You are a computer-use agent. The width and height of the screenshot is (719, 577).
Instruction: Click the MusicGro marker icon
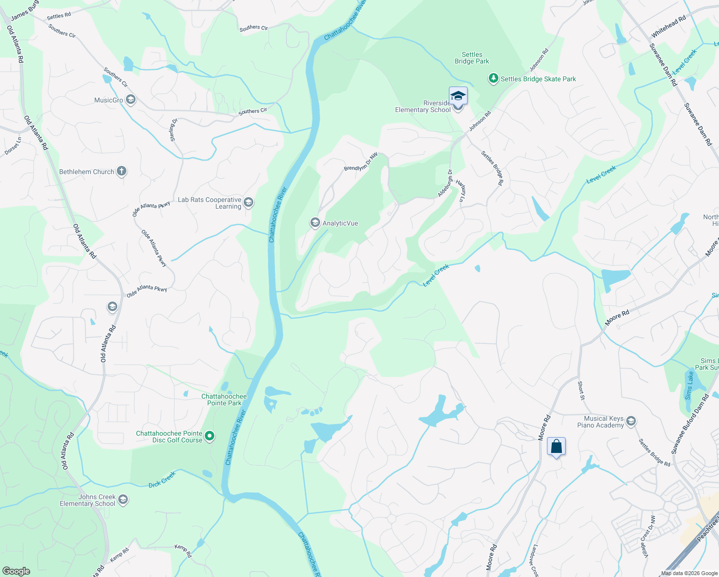pos(131,100)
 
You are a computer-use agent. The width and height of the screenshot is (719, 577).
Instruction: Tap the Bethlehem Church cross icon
pos(122,171)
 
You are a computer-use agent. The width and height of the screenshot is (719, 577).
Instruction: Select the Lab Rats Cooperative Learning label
pos(210,203)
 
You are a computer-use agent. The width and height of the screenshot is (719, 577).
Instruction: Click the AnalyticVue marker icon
pos(315,223)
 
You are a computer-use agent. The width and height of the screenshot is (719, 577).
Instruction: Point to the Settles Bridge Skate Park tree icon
pos(493,78)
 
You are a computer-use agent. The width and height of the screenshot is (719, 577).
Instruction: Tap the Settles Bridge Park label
pos(472,58)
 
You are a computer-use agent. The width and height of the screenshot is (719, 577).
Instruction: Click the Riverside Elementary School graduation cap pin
pos(458,96)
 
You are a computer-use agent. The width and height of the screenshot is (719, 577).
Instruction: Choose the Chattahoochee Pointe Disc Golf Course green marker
pos(210,436)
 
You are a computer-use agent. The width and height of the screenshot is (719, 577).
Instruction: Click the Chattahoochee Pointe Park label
pos(224,400)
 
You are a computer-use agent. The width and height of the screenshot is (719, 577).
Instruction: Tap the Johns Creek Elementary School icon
pos(123,500)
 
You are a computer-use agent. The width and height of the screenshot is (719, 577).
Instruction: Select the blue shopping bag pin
pos(556,447)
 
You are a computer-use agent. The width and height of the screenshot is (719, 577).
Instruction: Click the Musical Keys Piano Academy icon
pos(631,422)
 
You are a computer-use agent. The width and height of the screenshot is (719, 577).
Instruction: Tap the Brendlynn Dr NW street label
pos(360,163)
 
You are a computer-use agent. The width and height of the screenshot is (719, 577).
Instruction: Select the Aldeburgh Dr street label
pos(445,183)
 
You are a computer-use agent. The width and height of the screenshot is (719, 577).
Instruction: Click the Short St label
pos(581,391)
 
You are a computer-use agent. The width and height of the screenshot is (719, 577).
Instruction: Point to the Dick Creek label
pos(162,480)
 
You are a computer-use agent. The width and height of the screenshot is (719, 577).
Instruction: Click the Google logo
pos(16,571)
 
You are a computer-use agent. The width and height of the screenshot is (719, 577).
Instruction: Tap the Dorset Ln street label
pos(13,146)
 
